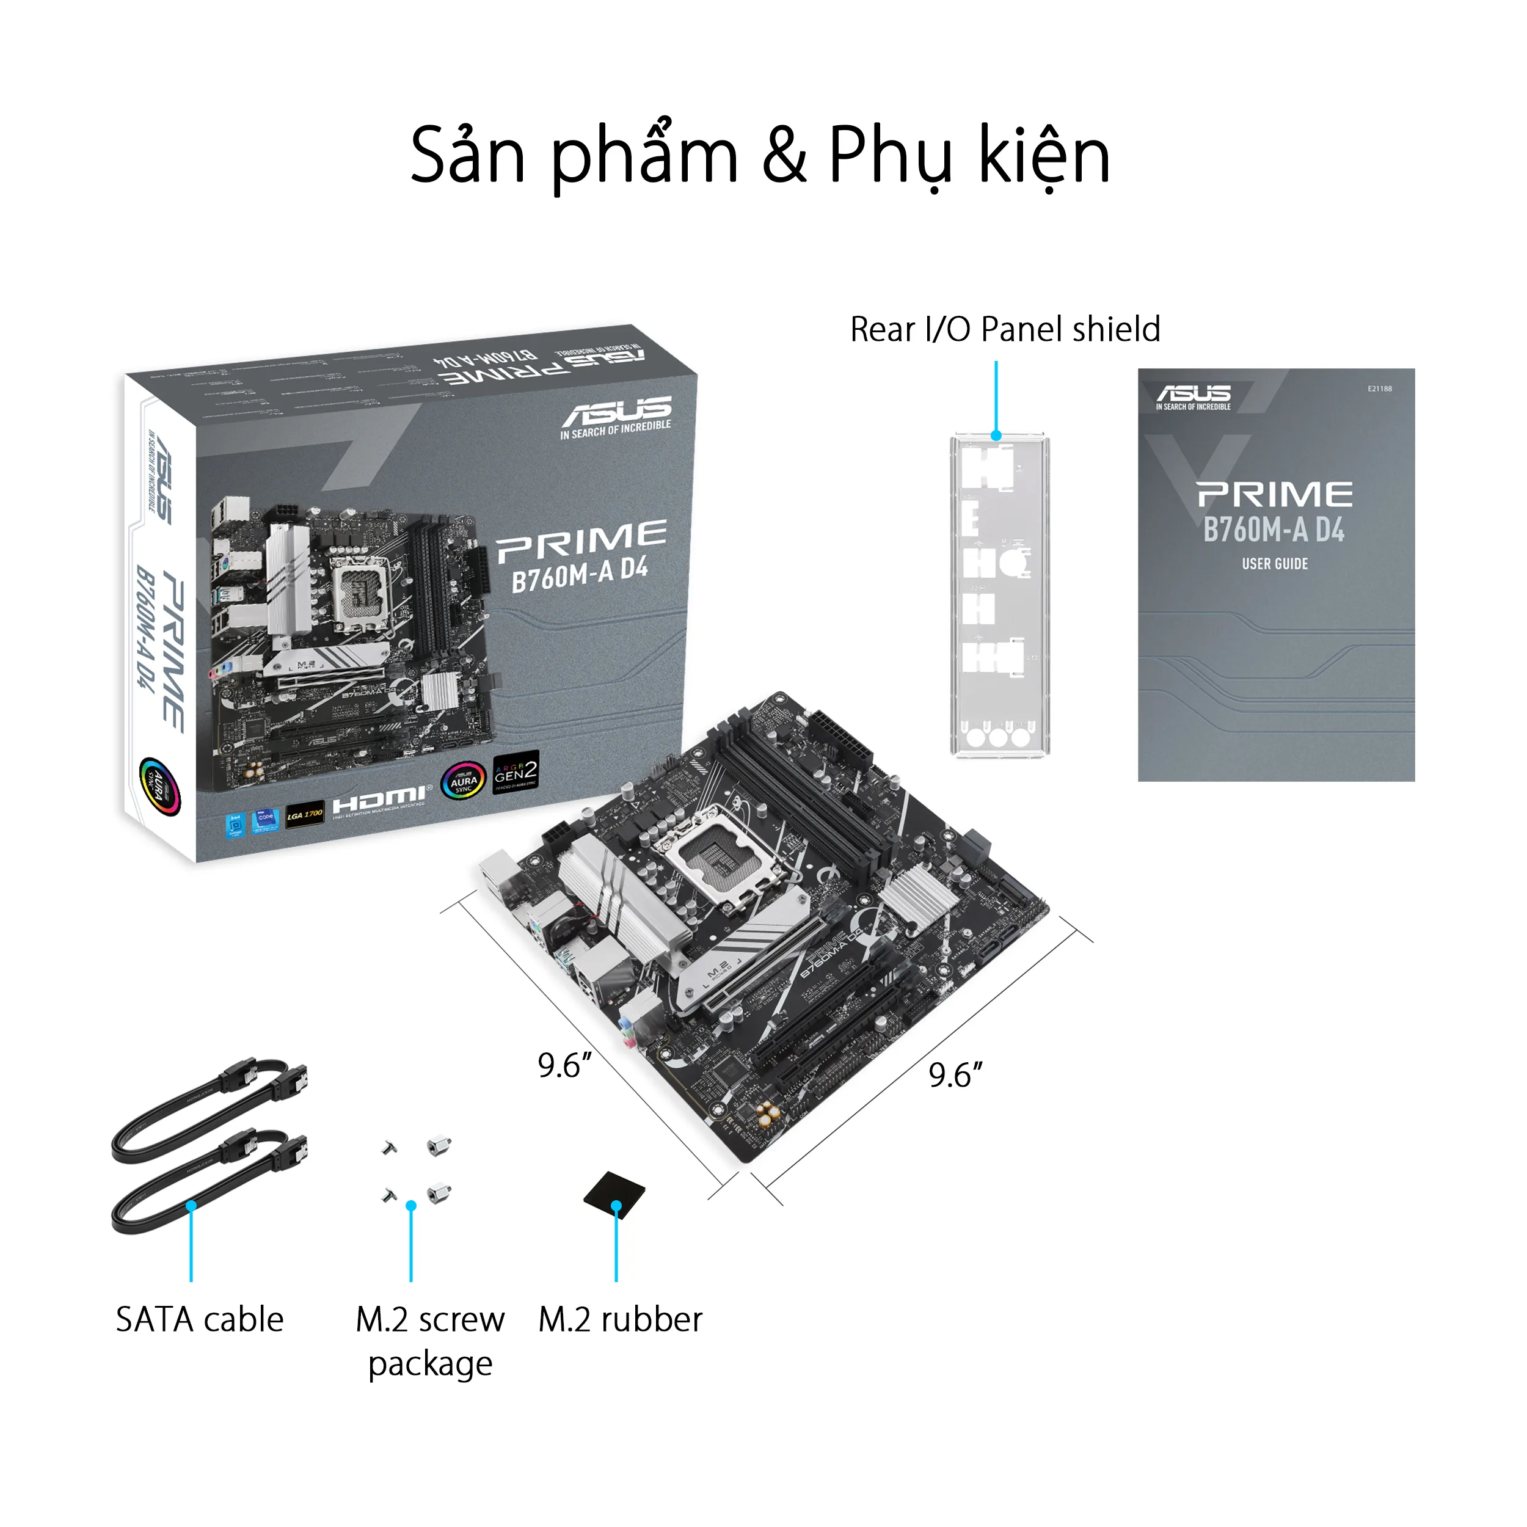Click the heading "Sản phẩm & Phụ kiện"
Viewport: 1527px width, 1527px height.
(x=760, y=156)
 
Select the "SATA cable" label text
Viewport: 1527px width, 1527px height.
(x=199, y=1319)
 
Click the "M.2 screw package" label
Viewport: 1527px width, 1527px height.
(x=430, y=1341)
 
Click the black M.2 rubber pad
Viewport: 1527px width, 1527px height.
(x=613, y=1194)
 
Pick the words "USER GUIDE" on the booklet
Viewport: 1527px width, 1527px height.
(x=1274, y=564)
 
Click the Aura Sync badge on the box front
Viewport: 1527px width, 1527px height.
(x=463, y=781)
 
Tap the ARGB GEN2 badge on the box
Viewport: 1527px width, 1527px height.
(x=516, y=771)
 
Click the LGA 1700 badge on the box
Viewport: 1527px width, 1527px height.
(x=304, y=814)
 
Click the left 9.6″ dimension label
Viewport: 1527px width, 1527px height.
(x=564, y=1065)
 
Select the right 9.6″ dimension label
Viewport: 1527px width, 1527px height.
(x=955, y=1075)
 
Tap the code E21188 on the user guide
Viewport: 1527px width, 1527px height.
(x=1379, y=389)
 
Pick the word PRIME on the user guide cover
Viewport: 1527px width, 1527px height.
(x=1274, y=495)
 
